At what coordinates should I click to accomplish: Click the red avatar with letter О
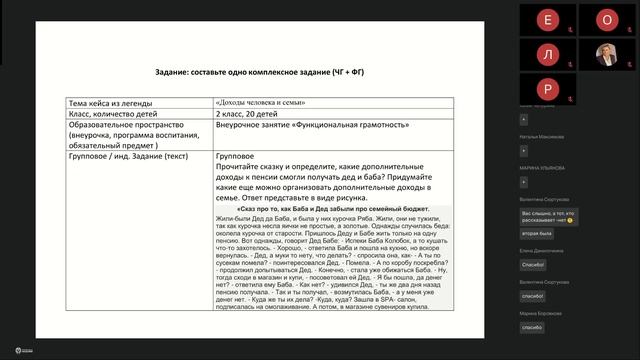tap(606, 19)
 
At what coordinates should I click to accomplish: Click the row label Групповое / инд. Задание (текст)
tap(130, 158)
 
